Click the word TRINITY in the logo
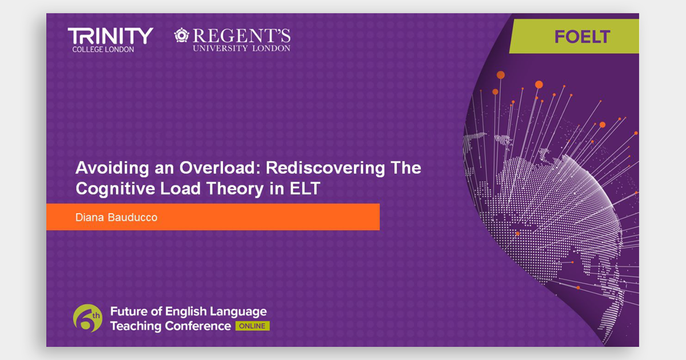110,36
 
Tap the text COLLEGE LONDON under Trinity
103,49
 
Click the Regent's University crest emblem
182,35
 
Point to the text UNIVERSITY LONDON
241,49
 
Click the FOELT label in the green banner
582,38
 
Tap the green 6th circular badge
87,318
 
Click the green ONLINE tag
252,326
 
